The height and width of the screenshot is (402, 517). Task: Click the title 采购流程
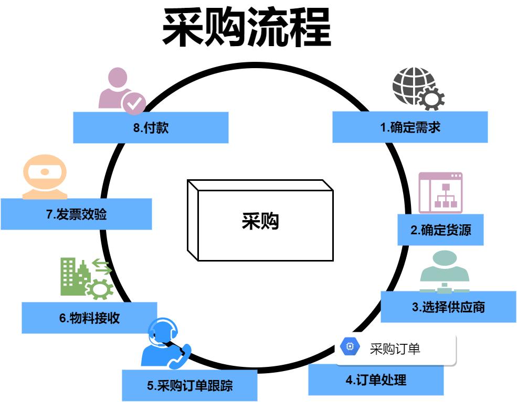click(247, 27)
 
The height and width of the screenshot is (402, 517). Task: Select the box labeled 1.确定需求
click(410, 127)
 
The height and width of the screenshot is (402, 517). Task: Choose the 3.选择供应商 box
click(448, 307)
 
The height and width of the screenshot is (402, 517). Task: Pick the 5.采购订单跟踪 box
click(189, 386)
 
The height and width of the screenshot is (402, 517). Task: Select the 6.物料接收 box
click(89, 318)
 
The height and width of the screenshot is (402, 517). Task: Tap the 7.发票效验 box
click(76, 214)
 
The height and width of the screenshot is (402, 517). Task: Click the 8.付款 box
click(151, 127)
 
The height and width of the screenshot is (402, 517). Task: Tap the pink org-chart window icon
click(440, 192)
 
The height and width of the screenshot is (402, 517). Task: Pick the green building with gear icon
click(86, 278)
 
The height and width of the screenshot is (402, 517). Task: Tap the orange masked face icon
click(45, 176)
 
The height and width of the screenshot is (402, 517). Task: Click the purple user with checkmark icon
click(121, 90)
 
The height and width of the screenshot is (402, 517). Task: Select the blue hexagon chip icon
click(350, 346)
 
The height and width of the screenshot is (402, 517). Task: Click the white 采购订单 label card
click(396, 349)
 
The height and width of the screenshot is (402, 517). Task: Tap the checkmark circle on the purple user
click(134, 103)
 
